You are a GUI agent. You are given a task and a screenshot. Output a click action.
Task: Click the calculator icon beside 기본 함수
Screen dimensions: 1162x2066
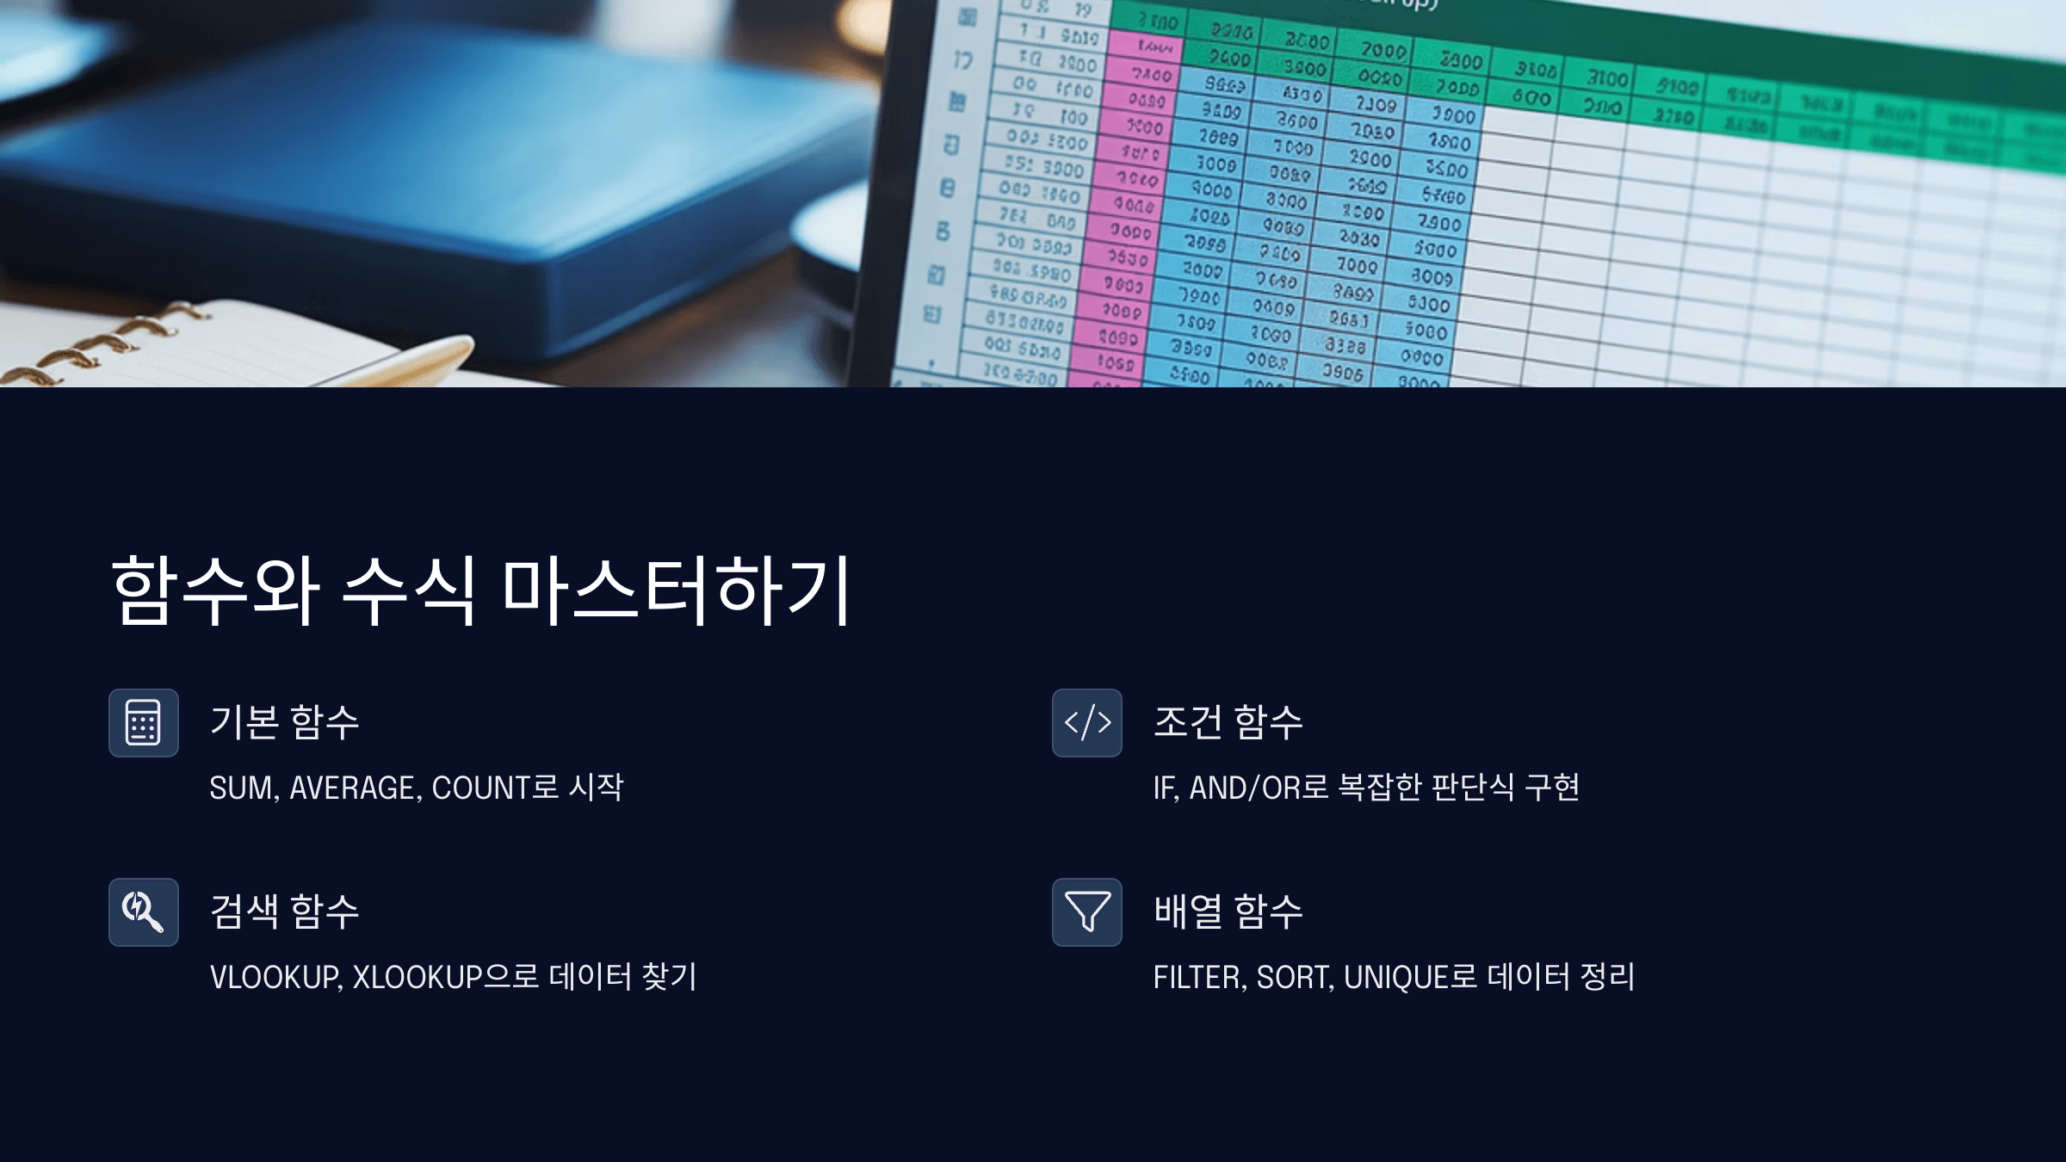click(143, 723)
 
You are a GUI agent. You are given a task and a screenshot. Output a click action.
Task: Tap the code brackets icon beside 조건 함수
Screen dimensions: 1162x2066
click(1087, 723)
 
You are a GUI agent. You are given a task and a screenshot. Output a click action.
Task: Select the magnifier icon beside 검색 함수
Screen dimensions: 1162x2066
click(143, 912)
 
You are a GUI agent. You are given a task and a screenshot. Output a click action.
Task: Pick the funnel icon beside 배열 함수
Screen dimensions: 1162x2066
click(1087, 912)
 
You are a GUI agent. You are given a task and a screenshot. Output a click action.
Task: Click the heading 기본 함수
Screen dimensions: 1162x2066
click(284, 721)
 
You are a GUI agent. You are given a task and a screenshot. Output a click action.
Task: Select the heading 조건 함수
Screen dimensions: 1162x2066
click(1228, 721)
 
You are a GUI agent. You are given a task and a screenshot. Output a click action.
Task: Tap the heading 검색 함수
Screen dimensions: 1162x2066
click(284, 911)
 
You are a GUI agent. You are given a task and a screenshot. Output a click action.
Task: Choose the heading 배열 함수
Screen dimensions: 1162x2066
click(1228, 911)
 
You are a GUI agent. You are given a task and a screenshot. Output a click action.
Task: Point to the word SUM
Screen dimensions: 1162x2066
click(242, 788)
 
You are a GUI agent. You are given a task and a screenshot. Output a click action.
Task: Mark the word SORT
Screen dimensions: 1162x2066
click(1294, 978)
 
